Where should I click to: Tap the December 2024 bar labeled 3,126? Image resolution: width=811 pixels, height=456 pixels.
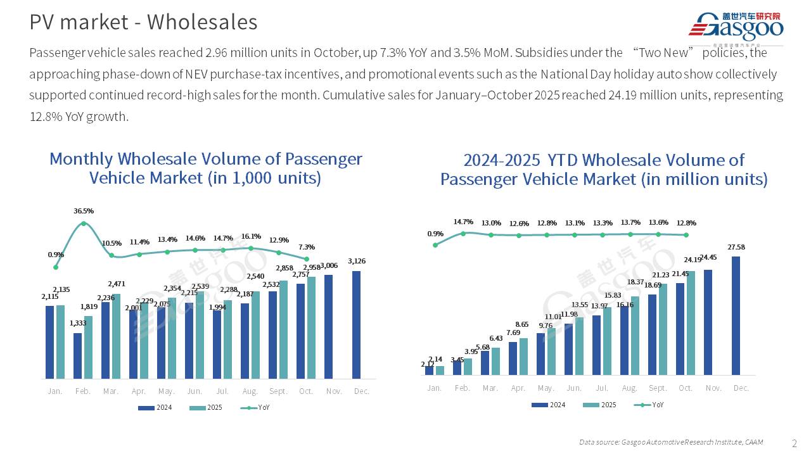pos(357,324)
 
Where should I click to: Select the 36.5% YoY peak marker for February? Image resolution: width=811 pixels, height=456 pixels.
pos(84,224)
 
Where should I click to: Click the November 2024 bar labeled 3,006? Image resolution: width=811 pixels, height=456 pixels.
pos(329,326)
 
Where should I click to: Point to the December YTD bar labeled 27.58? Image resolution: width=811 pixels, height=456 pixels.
pos(736,315)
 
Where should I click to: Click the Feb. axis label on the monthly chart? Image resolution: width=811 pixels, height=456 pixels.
pos(83,391)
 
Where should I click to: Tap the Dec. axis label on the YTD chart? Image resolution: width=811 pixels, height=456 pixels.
pos(741,388)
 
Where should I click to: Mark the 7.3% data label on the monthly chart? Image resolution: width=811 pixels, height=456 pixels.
pos(307,247)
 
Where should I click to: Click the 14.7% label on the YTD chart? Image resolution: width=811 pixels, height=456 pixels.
pos(463,222)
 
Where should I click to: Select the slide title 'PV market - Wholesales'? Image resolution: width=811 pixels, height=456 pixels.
pos(143,22)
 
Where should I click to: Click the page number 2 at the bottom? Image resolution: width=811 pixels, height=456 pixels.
pos(795,442)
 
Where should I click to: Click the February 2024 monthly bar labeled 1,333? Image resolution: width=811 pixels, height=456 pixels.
pos(78,355)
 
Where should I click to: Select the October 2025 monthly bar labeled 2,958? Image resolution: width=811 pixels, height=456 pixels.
pos(311,327)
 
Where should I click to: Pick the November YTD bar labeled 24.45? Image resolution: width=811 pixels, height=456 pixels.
pos(708,322)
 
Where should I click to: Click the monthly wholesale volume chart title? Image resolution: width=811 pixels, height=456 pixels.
pos(205,168)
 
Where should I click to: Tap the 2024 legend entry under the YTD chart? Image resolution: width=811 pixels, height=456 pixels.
pos(548,405)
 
